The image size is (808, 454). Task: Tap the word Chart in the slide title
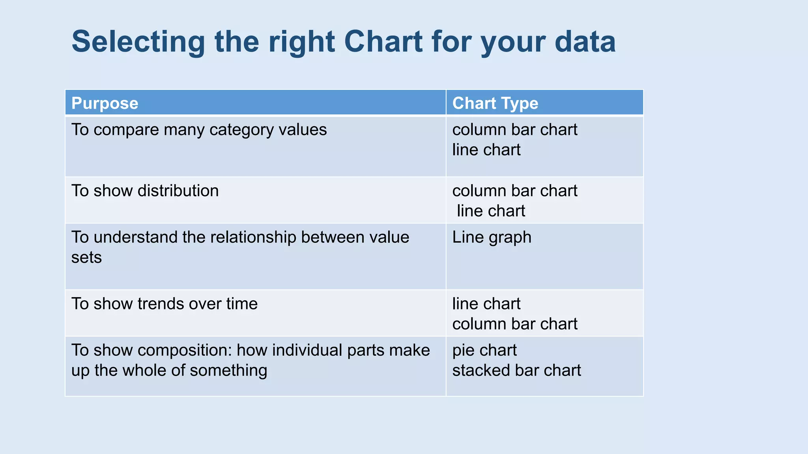click(383, 42)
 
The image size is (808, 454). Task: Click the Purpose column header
click(105, 103)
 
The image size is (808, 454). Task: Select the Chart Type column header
click(495, 103)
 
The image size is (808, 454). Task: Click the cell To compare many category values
click(199, 130)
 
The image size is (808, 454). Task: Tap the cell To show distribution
click(145, 191)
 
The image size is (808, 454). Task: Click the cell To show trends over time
click(164, 304)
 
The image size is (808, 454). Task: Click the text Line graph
click(492, 237)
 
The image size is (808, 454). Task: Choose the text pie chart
click(484, 350)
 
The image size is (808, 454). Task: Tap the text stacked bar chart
click(516, 370)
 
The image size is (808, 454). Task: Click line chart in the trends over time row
click(486, 304)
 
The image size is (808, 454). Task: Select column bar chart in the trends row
click(514, 324)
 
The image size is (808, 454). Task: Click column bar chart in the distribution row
click(514, 191)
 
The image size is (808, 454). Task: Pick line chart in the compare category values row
click(486, 150)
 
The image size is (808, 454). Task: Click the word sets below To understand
click(86, 258)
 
